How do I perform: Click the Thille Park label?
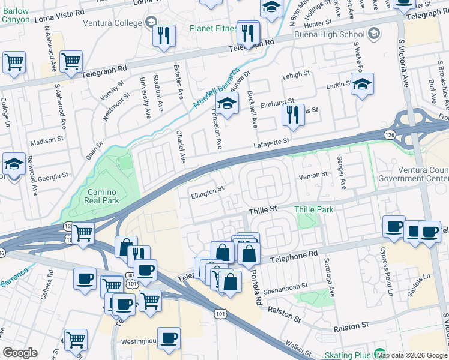[x=313, y=209]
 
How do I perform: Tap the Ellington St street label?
[x=208, y=190]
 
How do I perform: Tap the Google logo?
[x=20, y=353]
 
